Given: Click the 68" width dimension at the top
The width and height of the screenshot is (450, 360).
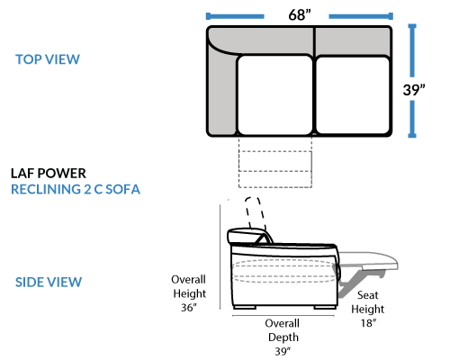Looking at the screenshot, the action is tap(300, 15).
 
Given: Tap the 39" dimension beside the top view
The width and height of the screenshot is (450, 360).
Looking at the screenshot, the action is tap(414, 90).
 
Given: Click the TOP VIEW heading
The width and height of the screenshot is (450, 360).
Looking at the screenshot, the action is tap(48, 59).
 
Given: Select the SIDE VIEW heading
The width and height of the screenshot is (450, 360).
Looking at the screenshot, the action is tap(49, 282).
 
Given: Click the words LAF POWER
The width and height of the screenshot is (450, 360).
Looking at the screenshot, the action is tap(49, 174).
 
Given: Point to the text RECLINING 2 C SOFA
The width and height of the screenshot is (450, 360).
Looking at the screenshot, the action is tap(76, 189).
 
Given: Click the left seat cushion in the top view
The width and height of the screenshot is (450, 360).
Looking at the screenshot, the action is tap(274, 94).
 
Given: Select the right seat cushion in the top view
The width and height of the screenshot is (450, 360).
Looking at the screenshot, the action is tap(353, 94).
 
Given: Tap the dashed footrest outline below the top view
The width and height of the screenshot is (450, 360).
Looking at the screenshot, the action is tap(275, 162).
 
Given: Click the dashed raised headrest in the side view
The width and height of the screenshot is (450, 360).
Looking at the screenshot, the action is tap(256, 213).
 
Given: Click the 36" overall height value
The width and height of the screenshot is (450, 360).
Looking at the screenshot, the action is tap(189, 308).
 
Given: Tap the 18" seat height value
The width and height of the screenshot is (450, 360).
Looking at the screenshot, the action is tap(368, 323).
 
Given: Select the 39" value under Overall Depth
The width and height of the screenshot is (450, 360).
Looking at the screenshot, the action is tap(283, 351).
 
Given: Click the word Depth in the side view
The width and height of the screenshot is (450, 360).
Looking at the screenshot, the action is tap(283, 337).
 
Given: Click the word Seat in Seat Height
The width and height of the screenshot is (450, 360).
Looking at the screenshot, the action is tap(367, 295).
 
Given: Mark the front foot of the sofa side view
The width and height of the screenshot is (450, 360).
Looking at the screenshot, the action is tap(325, 307).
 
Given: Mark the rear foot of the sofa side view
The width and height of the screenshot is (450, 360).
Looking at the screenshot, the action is tap(245, 307).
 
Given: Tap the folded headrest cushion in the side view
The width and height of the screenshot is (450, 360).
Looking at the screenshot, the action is tap(246, 236).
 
